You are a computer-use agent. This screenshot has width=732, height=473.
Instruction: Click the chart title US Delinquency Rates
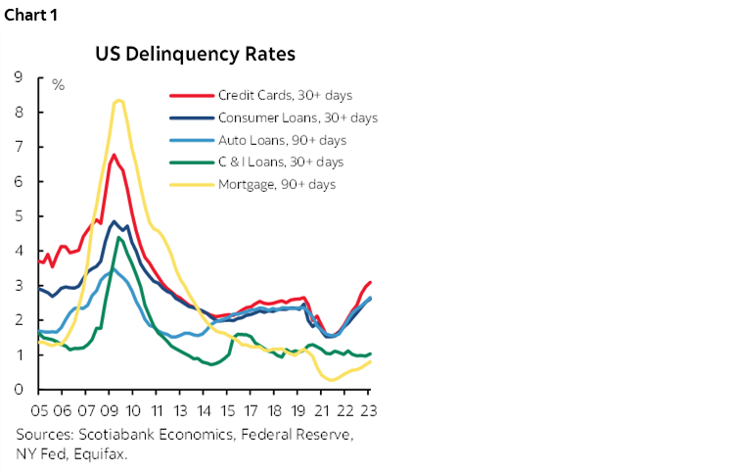click(195, 54)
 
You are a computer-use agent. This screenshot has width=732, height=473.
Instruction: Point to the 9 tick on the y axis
click(19, 77)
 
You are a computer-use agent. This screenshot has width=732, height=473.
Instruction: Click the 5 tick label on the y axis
click(19, 215)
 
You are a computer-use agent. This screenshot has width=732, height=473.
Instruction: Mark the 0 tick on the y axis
click(19, 389)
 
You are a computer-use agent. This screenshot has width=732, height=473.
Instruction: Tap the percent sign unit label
click(58, 85)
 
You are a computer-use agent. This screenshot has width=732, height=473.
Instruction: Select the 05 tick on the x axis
click(40, 410)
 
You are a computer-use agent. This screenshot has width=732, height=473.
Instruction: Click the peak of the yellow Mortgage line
click(118, 100)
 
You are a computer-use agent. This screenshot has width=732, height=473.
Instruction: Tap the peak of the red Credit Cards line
click(114, 155)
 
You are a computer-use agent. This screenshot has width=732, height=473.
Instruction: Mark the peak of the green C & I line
click(118, 237)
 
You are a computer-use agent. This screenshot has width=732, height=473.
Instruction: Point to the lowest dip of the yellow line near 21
click(333, 380)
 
